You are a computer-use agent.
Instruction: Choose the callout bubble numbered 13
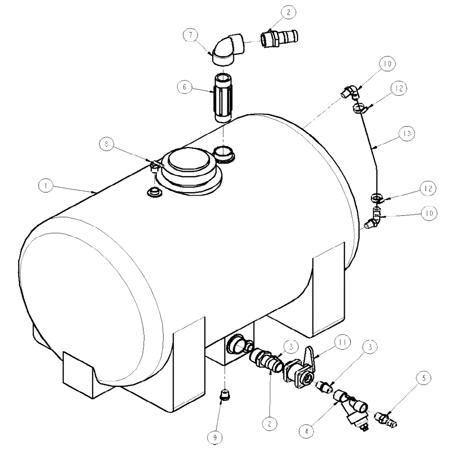click(x=406, y=134)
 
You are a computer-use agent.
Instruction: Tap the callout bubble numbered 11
click(x=341, y=342)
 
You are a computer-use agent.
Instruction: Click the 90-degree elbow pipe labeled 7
click(x=228, y=50)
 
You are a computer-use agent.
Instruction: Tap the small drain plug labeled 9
click(x=225, y=394)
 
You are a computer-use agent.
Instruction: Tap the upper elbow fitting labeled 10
click(x=350, y=91)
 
